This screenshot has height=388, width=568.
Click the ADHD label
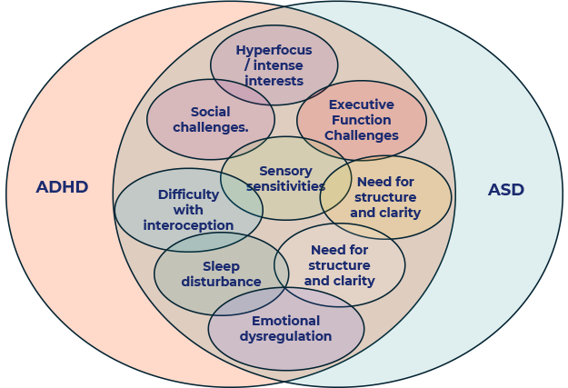click(x=62, y=187)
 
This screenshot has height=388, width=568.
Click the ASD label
click(x=506, y=190)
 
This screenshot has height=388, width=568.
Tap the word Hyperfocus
click(x=274, y=50)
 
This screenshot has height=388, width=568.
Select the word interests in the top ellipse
click(x=274, y=81)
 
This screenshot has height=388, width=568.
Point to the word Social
click(x=210, y=112)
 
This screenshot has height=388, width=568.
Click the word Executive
click(x=361, y=104)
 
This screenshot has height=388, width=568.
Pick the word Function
click(x=361, y=120)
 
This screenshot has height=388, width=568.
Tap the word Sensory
click(x=285, y=171)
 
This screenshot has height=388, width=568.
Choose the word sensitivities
click(x=285, y=186)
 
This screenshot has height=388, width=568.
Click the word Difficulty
click(x=188, y=194)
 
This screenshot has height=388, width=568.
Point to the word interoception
click(x=188, y=225)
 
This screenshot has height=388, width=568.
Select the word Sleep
click(x=221, y=266)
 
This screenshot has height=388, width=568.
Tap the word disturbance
click(x=221, y=282)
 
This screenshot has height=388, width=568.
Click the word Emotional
click(x=286, y=321)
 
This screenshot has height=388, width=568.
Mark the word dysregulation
click(x=286, y=336)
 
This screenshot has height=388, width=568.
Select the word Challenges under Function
click(x=361, y=135)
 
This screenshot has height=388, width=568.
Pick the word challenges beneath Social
click(x=210, y=127)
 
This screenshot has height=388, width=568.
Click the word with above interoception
click(x=188, y=210)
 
